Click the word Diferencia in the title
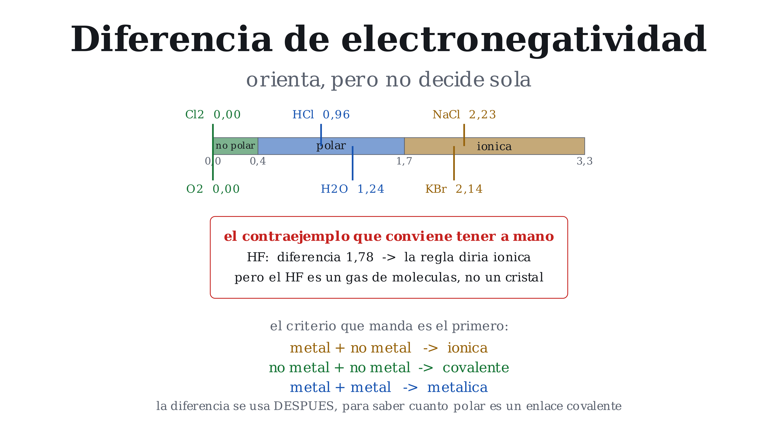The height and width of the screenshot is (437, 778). pyautogui.click(x=171, y=39)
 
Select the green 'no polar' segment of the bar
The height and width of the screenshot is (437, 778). pyautogui.click(x=236, y=146)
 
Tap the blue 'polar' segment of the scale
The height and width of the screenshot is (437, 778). pyautogui.click(x=331, y=146)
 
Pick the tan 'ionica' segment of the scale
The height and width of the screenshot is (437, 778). pyautogui.click(x=494, y=146)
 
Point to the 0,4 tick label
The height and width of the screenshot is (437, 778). pyautogui.click(x=258, y=161)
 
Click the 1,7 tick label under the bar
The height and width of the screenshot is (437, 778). pyautogui.click(x=404, y=161)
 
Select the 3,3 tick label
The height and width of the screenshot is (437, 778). pyautogui.click(x=584, y=161)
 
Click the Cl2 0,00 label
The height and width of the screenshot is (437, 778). pyautogui.click(x=213, y=115)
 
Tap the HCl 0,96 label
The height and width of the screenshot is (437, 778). pyautogui.click(x=321, y=115)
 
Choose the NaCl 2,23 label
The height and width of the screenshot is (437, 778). pyautogui.click(x=464, y=115)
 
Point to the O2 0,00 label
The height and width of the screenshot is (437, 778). pyautogui.click(x=213, y=189)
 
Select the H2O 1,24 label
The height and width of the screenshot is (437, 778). pyautogui.click(x=353, y=189)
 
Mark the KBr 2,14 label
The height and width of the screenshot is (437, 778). pyautogui.click(x=454, y=189)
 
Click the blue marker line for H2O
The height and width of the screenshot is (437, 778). pyautogui.click(x=353, y=163)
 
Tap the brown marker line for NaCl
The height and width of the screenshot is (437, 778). pyautogui.click(x=464, y=135)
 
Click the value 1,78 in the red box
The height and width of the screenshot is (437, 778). pyautogui.click(x=360, y=257)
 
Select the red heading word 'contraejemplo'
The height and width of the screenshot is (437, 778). pyautogui.click(x=296, y=237)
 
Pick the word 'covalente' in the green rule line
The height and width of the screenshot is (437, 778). pyautogui.click(x=476, y=368)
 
